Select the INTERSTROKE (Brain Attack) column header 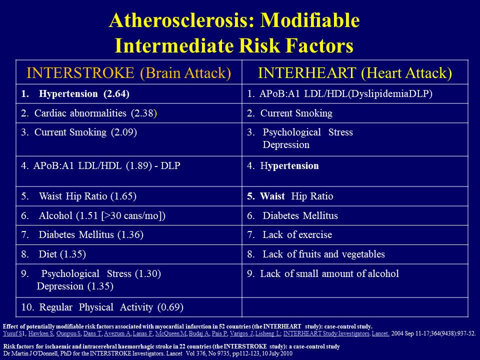pos(128,73)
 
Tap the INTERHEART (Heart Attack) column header pos(354,73)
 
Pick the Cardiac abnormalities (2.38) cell pos(89,113)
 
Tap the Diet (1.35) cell pos(62,254)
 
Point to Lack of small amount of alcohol pos(329,274)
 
